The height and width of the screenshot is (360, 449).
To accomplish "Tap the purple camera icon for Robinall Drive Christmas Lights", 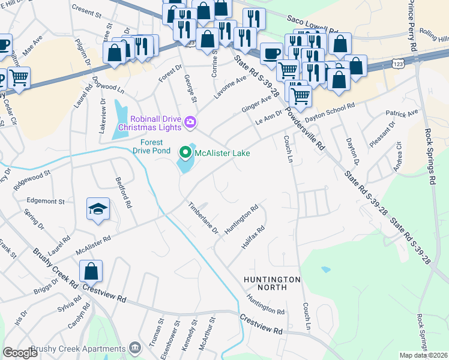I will coord(190,122).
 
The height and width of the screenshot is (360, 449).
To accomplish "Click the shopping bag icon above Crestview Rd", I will coord(91,271).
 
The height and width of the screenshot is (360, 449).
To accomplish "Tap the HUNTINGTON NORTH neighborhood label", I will coord(272,284).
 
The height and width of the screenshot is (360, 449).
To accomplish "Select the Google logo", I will coord(20,353).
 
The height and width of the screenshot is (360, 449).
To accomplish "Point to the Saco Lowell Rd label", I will coord(308,19).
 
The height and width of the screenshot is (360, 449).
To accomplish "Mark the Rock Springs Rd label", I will coord(430,158).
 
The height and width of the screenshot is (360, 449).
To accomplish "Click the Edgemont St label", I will coord(45,201).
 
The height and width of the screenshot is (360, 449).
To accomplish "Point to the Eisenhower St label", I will coord(175,337).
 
